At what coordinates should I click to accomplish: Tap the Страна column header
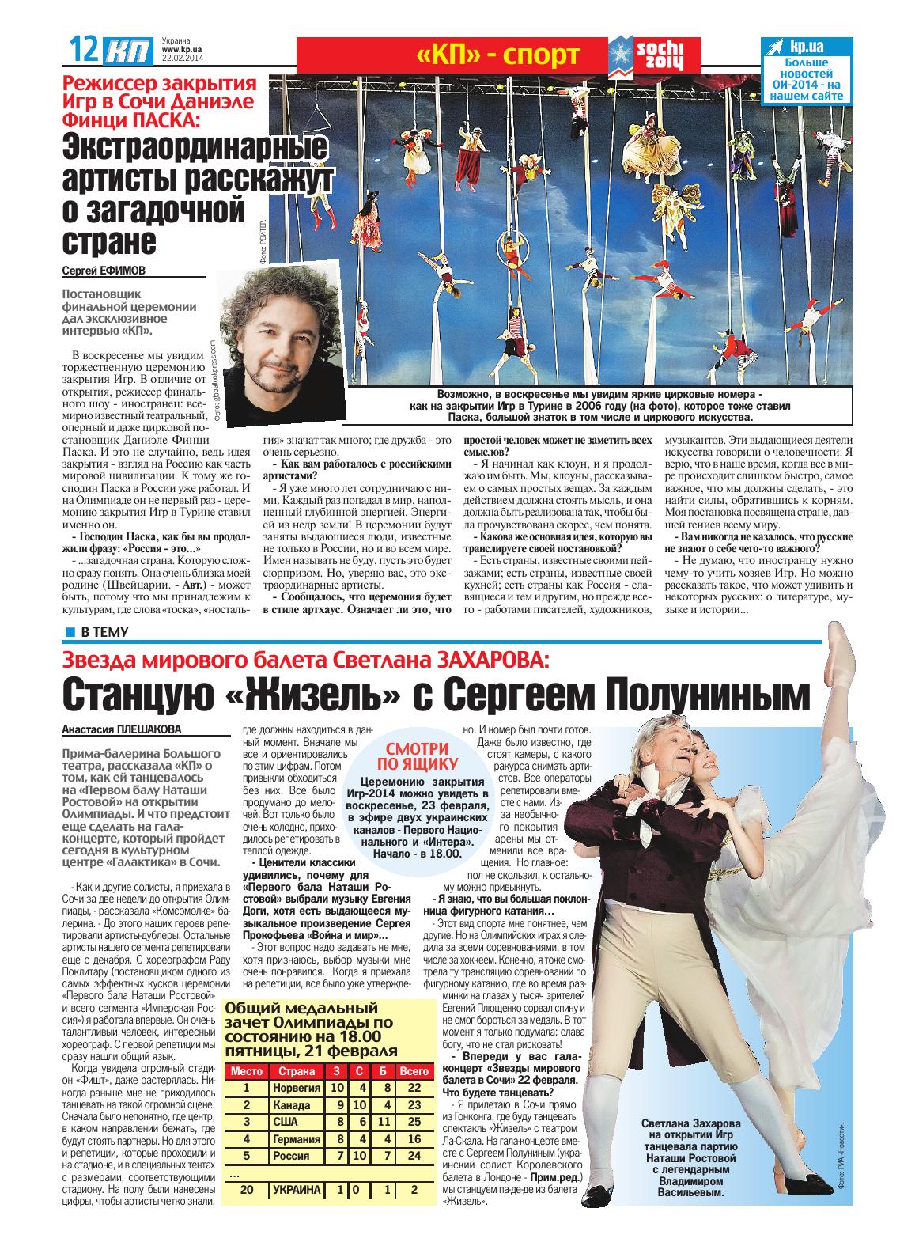[x=296, y=1070]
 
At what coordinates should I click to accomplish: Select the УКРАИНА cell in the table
[x=297, y=1190]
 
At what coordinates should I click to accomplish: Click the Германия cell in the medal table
[x=297, y=1139]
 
